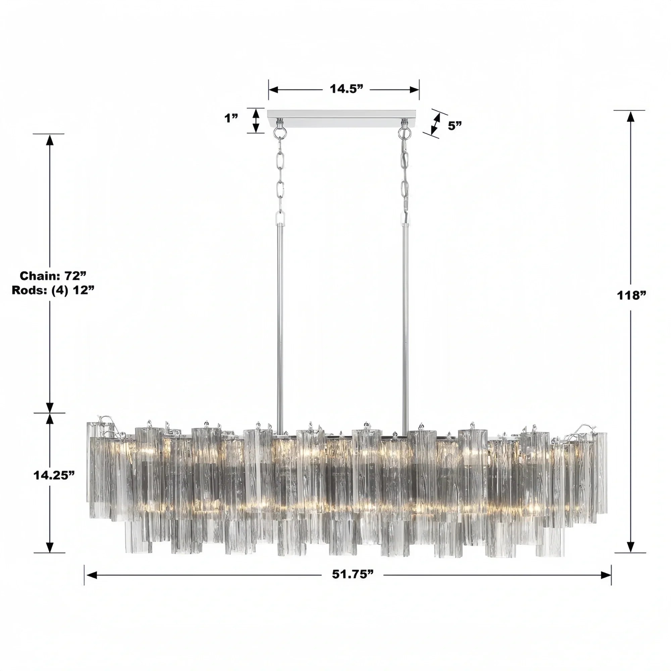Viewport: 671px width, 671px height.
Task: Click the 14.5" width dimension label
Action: [346, 89]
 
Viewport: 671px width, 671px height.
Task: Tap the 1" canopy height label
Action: [231, 118]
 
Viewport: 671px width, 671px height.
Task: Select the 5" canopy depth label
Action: [455, 126]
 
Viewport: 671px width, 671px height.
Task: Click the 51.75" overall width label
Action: [352, 574]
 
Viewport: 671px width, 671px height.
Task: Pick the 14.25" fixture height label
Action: [54, 475]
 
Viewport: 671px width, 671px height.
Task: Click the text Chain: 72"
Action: [53, 276]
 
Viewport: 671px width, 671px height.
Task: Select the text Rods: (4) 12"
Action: [53, 290]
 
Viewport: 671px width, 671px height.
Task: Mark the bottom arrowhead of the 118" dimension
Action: [630, 546]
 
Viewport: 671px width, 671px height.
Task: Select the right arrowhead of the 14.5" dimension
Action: [414, 90]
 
